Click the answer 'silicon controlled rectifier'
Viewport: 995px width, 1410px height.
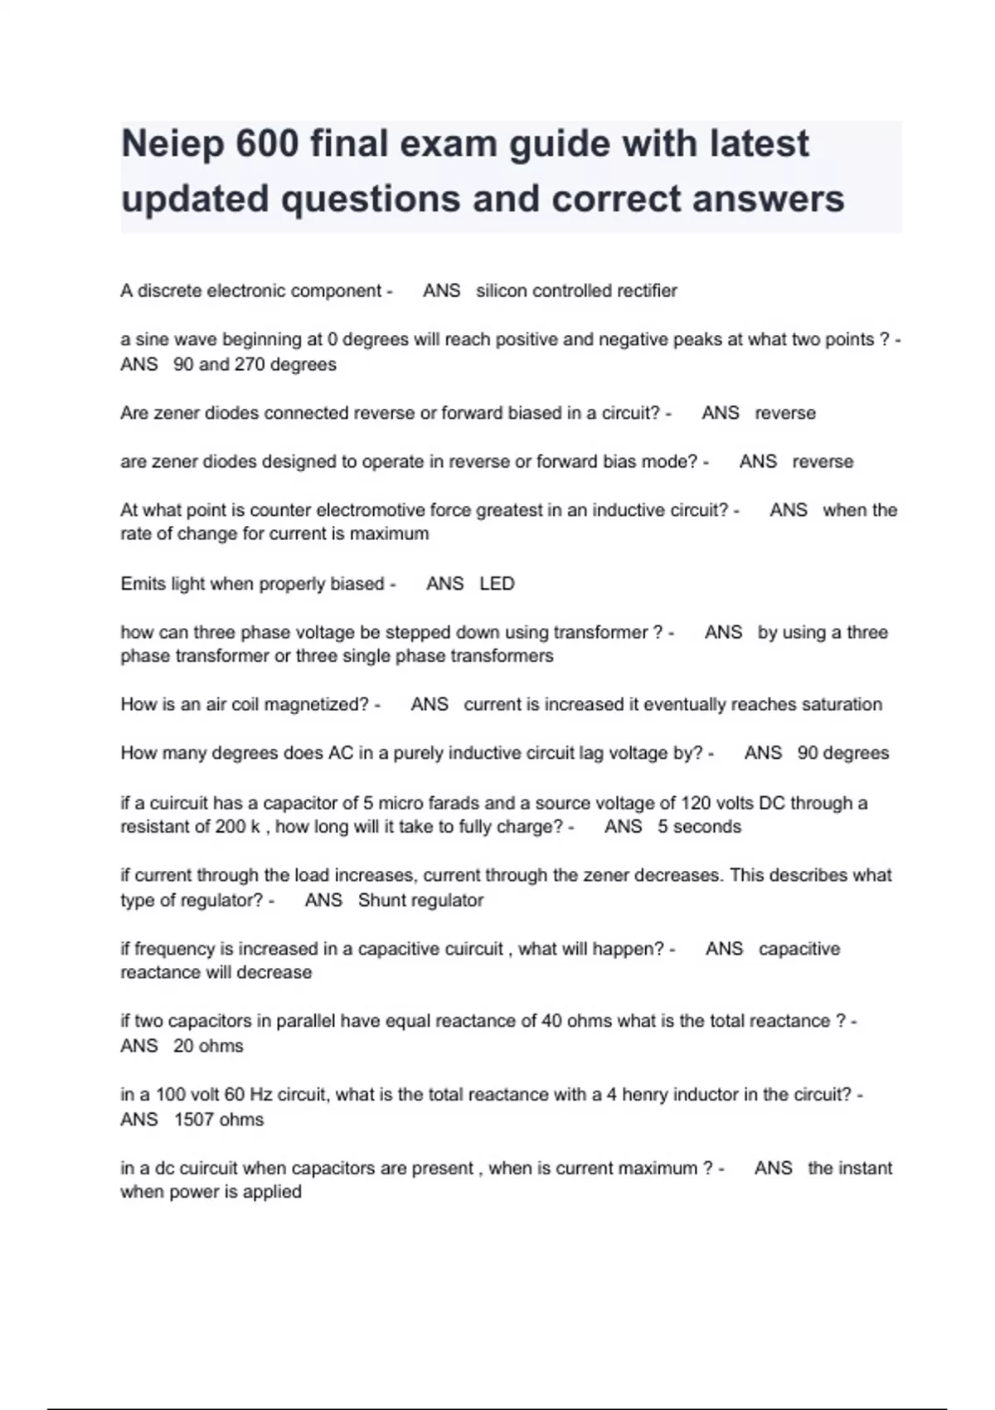point(576,291)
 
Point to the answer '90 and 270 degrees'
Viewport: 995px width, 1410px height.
point(255,365)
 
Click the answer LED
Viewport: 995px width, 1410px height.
point(497,584)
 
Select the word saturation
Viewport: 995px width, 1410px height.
point(838,705)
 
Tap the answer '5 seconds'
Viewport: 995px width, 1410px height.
point(699,827)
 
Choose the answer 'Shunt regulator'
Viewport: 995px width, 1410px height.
point(420,901)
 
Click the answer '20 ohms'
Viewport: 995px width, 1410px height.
point(208,1047)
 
